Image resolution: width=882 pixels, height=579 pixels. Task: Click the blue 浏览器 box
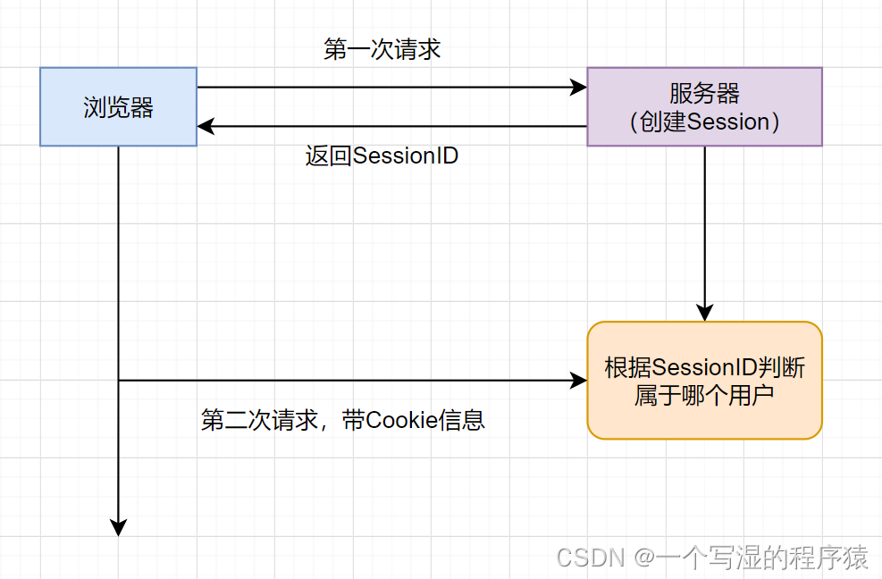(x=118, y=106)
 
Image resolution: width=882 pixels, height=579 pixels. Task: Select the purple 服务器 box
(x=704, y=106)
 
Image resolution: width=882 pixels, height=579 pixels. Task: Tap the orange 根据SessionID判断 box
(x=704, y=381)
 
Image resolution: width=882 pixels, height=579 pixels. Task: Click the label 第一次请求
(x=382, y=49)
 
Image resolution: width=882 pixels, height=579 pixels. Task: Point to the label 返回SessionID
(x=382, y=155)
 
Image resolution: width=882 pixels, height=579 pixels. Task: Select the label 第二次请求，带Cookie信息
(x=343, y=420)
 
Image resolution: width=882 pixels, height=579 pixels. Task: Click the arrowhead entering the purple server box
(x=579, y=88)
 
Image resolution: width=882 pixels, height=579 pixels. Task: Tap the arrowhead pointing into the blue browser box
(x=206, y=126)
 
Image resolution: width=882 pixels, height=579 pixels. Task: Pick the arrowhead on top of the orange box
(x=704, y=314)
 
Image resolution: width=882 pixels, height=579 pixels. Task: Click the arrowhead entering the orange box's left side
(x=579, y=381)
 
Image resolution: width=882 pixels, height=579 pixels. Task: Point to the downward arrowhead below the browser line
(x=118, y=528)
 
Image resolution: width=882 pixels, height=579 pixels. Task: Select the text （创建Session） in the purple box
(x=704, y=122)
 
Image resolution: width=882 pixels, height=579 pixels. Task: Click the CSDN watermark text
(x=590, y=558)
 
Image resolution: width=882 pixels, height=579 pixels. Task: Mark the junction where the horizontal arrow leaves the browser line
(x=118, y=381)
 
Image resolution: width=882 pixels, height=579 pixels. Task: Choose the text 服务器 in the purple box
(x=704, y=94)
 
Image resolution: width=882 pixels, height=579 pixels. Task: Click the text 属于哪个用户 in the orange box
(x=704, y=394)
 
